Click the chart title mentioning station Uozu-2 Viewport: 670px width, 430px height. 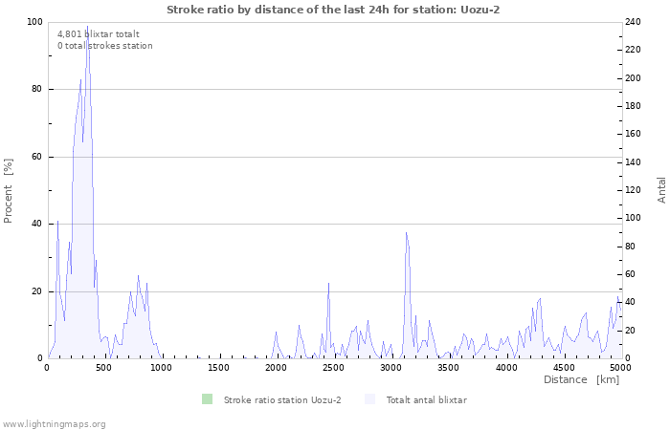point(333,10)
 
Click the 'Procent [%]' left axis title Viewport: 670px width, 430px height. point(9,190)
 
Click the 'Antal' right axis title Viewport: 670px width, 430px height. point(661,189)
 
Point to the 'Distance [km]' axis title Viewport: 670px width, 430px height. point(581,379)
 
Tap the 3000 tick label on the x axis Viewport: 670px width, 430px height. point(391,367)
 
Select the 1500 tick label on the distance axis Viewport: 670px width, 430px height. point(219,367)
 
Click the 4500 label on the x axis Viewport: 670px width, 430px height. point(563,367)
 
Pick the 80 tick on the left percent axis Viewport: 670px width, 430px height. point(36,89)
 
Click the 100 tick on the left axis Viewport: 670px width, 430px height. point(34,22)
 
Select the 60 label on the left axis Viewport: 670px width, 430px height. point(36,157)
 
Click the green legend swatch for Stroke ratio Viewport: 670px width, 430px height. point(207,399)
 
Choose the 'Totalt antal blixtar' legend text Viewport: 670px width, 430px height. point(426,399)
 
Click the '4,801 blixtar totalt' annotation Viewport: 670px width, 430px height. point(99,33)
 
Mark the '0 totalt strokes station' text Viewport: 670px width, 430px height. point(104,46)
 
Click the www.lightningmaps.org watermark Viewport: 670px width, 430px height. point(54,423)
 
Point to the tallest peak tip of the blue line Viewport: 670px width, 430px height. point(87,27)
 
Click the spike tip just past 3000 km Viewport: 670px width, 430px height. point(406,232)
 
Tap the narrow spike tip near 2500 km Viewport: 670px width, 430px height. point(328,283)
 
